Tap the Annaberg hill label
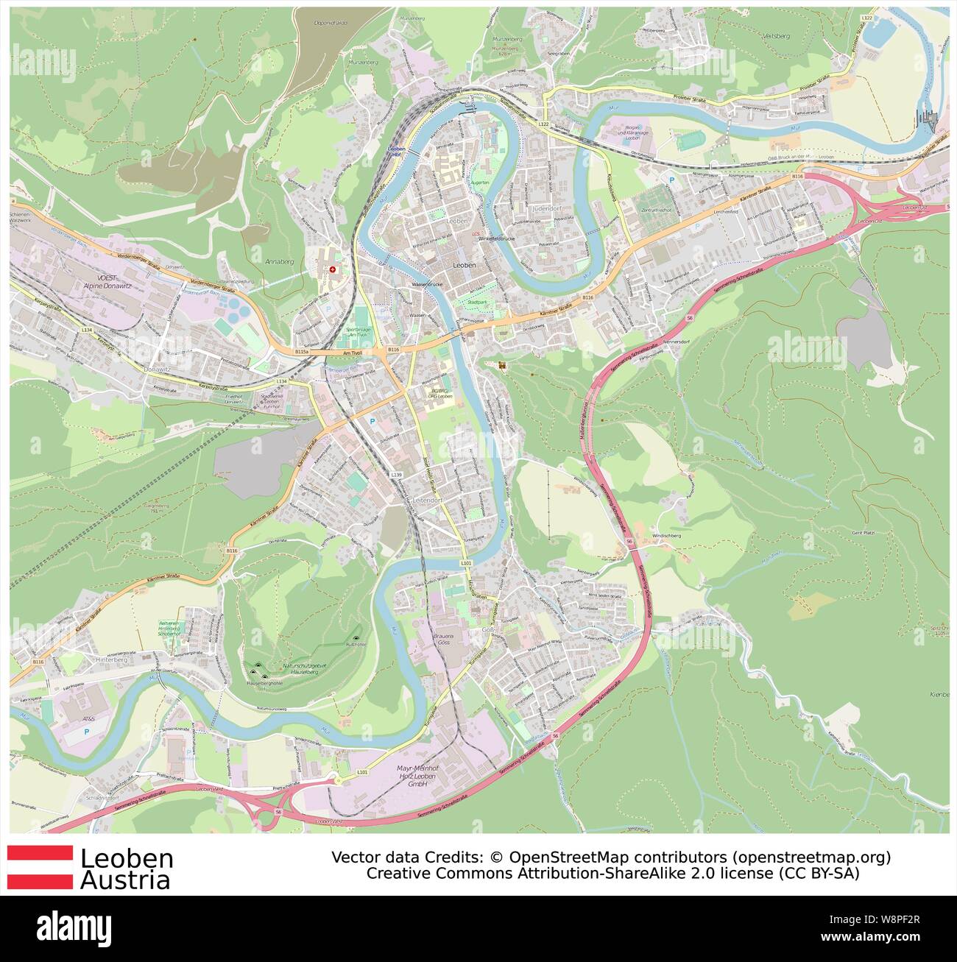tap(278, 261)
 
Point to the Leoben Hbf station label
tap(395, 151)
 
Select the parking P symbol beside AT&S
tap(87, 732)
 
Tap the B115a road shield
tap(301, 353)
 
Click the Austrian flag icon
tap(40, 867)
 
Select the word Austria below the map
tap(125, 880)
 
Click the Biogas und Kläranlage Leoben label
tap(640, 133)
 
